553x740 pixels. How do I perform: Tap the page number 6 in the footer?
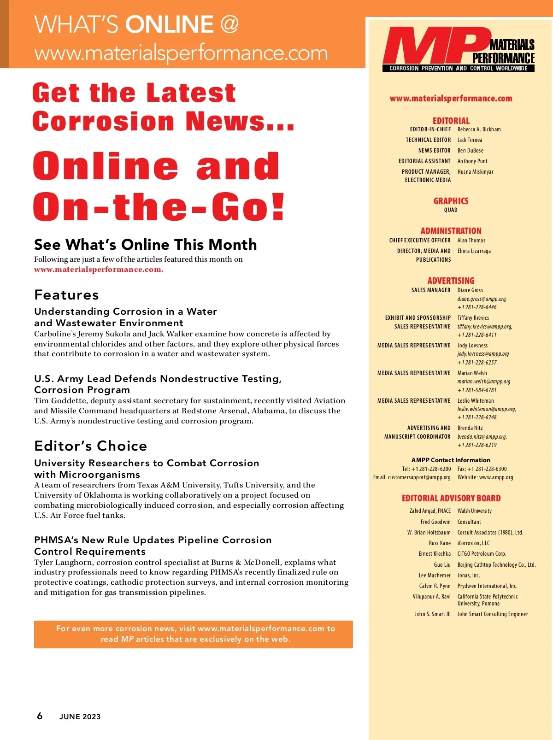(40, 716)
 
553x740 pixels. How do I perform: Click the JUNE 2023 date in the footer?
(80, 717)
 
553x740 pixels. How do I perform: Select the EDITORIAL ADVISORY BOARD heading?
(451, 498)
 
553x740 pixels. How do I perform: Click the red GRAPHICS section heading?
(451, 201)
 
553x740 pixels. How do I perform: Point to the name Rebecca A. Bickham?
(479, 129)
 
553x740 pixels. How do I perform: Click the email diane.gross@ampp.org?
(482, 299)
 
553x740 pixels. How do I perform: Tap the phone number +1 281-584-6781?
(477, 390)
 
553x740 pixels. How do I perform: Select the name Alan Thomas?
(471, 241)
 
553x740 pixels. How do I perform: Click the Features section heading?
(66, 295)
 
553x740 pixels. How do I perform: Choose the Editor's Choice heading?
(90, 446)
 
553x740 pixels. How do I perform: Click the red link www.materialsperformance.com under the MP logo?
(451, 98)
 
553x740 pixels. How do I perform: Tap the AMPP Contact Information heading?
(451, 460)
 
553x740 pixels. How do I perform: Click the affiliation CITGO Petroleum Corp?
(482, 554)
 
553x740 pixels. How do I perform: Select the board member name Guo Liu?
(442, 564)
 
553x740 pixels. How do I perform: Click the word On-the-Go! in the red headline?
(159, 207)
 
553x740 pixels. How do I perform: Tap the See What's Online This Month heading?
(145, 244)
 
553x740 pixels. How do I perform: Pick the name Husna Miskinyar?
(475, 172)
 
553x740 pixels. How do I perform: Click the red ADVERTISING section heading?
(451, 281)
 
